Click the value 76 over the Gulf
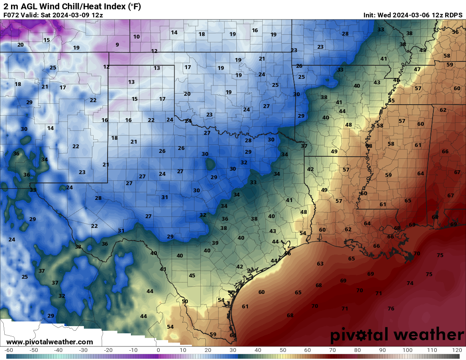point(391,308)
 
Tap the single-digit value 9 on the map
point(117,44)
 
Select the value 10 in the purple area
point(136,37)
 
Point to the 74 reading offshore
point(410,283)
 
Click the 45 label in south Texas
point(192,275)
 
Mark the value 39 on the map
point(215,243)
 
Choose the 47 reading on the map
point(417,69)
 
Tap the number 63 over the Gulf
point(320,263)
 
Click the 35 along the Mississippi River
point(391,100)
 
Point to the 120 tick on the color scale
point(457,350)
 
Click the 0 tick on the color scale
point(158,350)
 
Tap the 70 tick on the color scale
point(333,350)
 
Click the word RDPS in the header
point(453,15)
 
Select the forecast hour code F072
point(11,15)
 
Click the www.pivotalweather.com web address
point(50,342)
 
